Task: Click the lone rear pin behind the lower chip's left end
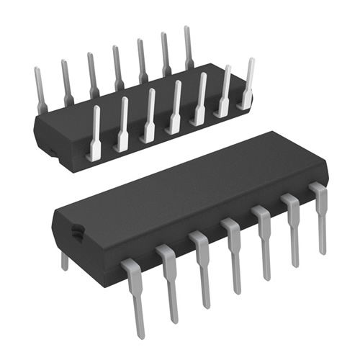[65, 259]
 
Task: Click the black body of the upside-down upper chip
[108, 133]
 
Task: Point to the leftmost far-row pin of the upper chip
[40, 90]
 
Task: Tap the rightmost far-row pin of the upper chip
[189, 47]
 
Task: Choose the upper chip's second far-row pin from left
[66, 81]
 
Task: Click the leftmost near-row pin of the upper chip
[94, 133]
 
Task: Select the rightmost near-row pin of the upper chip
[248, 83]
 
